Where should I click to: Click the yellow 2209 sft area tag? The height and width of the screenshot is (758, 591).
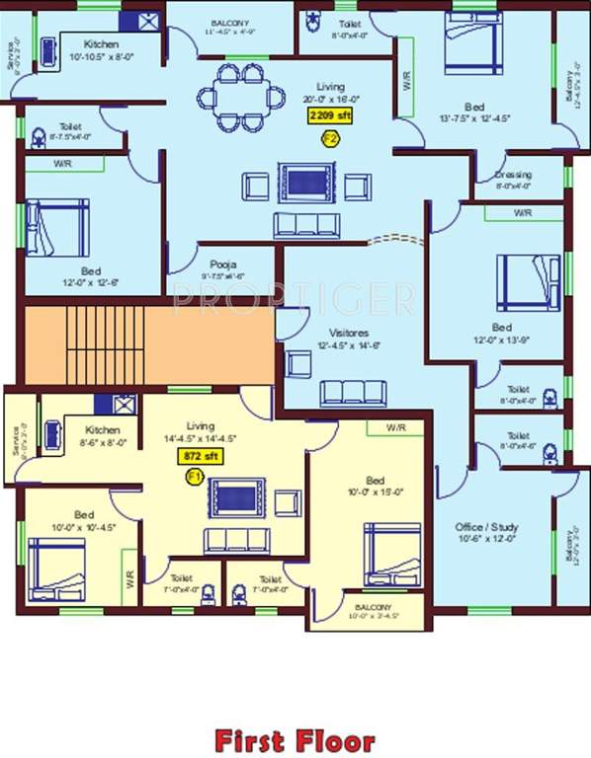point(329,116)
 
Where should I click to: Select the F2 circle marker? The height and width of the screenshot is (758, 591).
point(330,139)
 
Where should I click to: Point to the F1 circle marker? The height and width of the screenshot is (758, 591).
point(194,477)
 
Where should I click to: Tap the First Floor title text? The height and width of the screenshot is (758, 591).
point(295,740)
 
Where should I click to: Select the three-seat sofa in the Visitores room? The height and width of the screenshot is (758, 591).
point(351,392)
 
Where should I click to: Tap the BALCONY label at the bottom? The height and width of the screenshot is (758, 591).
point(374,607)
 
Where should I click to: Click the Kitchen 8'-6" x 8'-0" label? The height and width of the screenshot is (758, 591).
point(103,430)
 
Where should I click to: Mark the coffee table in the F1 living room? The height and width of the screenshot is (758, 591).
point(236,496)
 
